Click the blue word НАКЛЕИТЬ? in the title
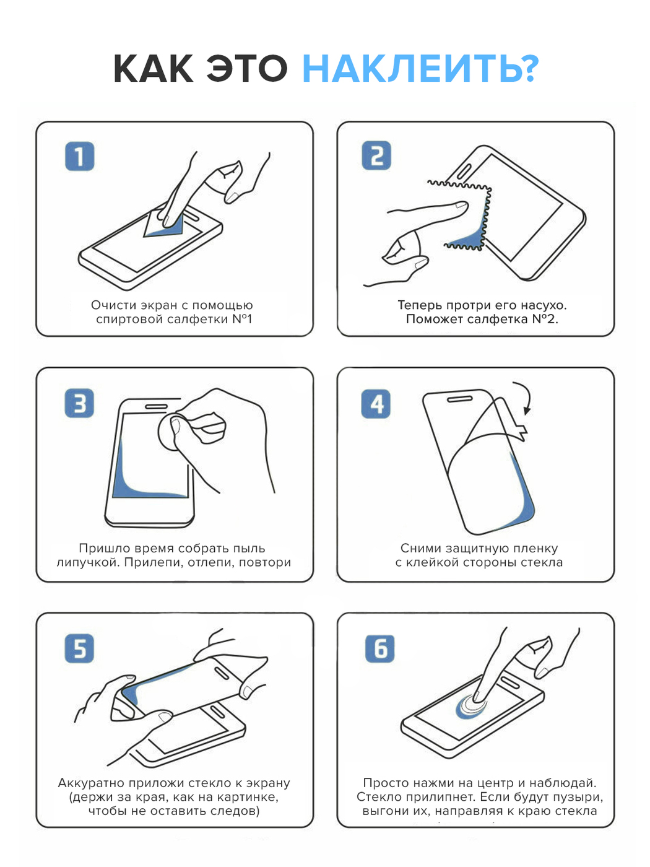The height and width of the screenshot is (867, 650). [421, 69]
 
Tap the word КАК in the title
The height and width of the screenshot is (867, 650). [154, 69]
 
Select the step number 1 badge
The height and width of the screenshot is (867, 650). [80, 156]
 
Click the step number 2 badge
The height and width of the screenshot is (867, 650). [376, 155]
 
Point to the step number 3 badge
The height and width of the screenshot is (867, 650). [79, 403]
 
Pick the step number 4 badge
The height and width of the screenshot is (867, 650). [376, 403]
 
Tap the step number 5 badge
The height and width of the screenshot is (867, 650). [79, 648]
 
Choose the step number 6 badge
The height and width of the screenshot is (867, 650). [379, 648]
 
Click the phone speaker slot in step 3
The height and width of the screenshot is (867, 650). [156, 406]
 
